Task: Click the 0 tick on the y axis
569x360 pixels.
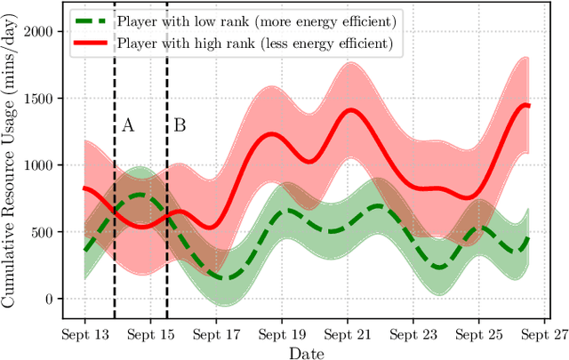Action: click(56, 300)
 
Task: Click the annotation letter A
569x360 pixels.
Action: click(128, 125)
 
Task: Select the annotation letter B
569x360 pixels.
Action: click(179, 125)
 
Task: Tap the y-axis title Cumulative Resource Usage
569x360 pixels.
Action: click(12, 164)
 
